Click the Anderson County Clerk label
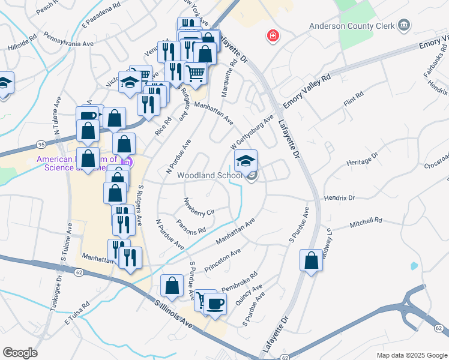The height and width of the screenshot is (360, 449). point(352,26)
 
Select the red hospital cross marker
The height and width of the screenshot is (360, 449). point(274,36)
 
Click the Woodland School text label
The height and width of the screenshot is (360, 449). point(210,176)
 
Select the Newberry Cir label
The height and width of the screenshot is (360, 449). point(199,206)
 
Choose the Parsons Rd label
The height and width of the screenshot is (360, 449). point(191,226)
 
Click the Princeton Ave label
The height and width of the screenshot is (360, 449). point(222,259)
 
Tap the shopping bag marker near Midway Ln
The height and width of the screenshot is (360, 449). point(311,261)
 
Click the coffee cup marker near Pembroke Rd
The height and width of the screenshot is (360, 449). point(215,304)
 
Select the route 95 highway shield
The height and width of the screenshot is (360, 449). point(41,145)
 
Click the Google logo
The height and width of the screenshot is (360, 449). point(20,352)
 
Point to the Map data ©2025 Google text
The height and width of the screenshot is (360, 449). point(411,355)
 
